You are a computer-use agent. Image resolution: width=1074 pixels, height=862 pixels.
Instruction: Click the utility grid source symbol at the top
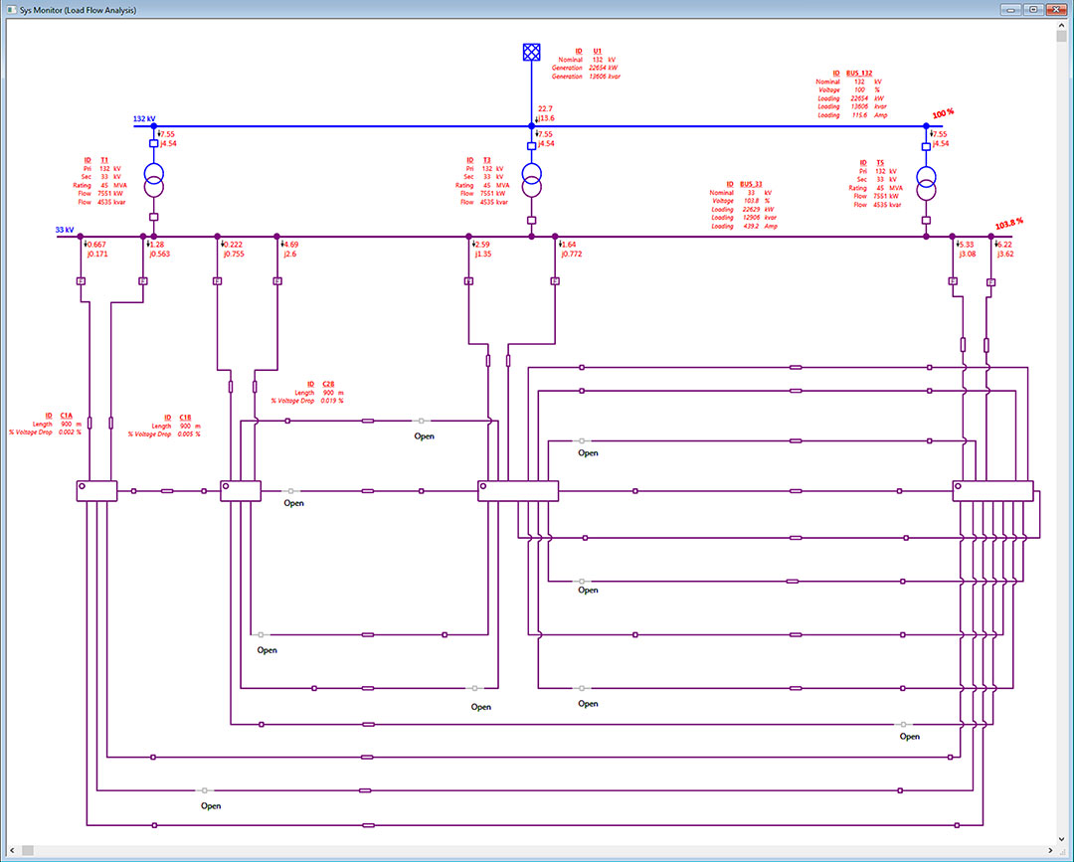pyautogui.click(x=531, y=52)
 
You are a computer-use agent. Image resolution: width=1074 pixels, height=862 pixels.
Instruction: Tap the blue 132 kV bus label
pyautogui.click(x=144, y=118)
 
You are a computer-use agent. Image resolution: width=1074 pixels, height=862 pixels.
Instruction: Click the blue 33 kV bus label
pyautogui.click(x=64, y=230)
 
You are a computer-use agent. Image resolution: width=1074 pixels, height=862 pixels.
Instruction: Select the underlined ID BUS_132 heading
pyautogui.click(x=853, y=74)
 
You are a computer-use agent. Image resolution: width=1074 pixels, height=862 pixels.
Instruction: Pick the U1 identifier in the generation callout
pyautogui.click(x=597, y=50)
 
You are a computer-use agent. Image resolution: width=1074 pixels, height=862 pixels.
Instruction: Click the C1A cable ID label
pyautogui.click(x=66, y=416)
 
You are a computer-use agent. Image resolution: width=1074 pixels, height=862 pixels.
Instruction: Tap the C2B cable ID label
pyautogui.click(x=328, y=384)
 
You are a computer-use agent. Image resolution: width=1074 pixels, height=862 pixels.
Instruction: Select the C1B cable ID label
pyautogui.click(x=185, y=418)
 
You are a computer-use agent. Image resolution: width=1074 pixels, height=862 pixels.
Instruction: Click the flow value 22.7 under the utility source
pyautogui.click(x=545, y=108)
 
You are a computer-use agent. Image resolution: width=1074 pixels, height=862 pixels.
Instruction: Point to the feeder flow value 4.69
pyautogui.click(x=290, y=245)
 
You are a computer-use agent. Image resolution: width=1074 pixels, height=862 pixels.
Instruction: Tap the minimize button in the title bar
pyautogui.click(x=1013, y=9)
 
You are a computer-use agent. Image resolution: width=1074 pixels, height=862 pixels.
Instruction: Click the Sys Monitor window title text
pyautogui.click(x=79, y=10)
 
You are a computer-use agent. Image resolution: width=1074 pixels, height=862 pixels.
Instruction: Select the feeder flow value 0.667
pyautogui.click(x=97, y=245)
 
